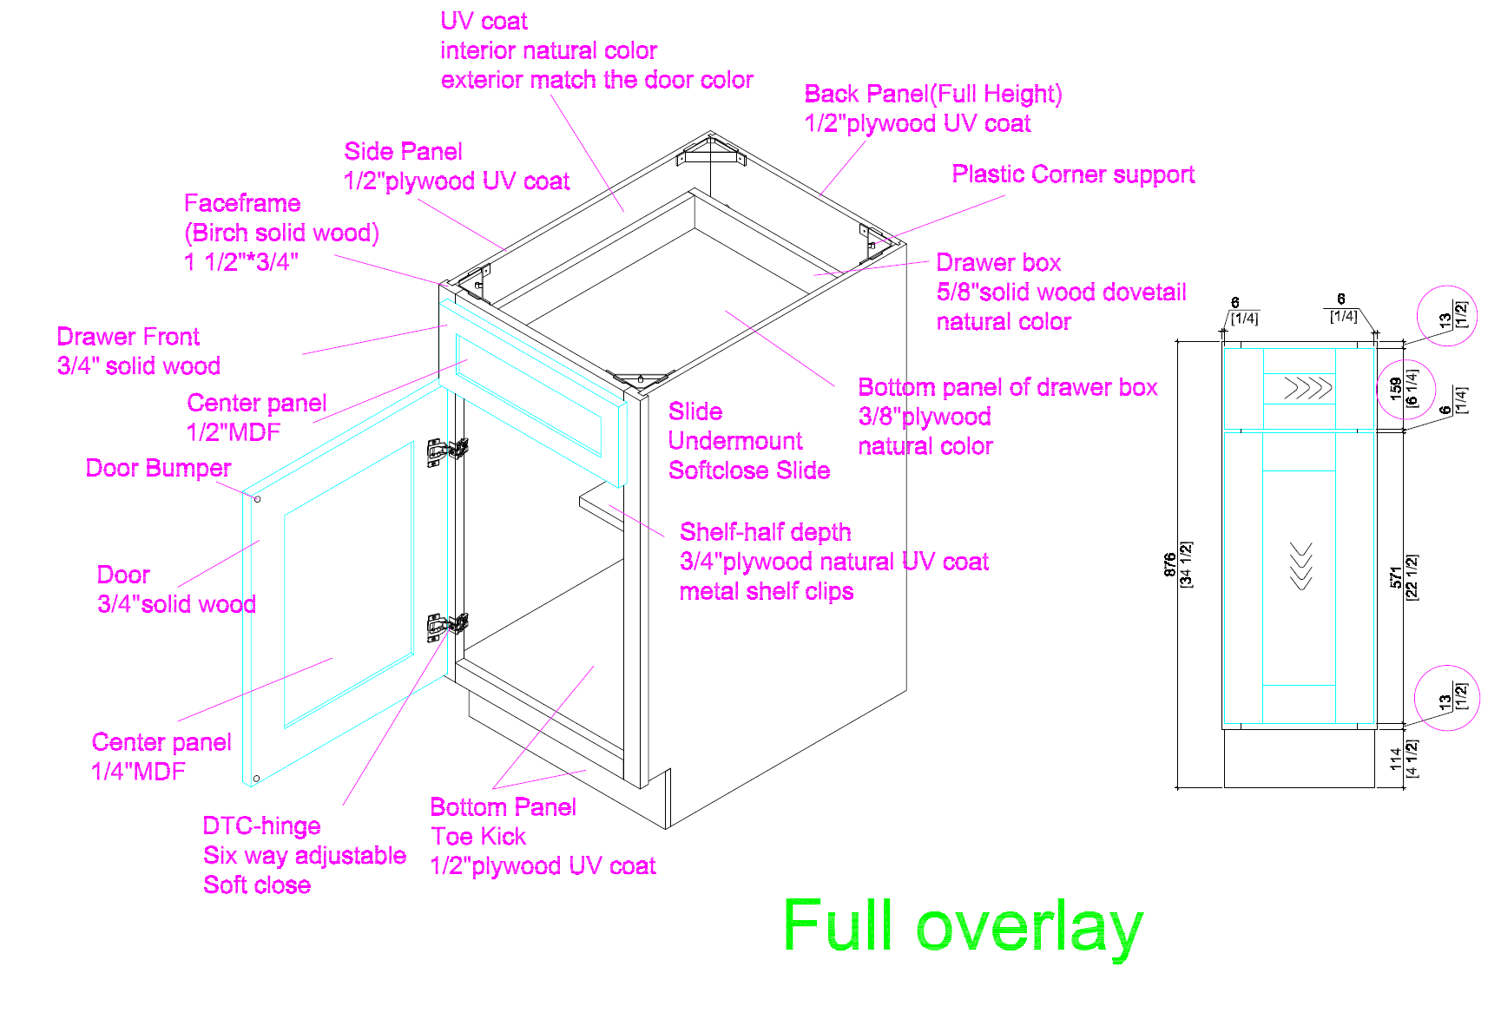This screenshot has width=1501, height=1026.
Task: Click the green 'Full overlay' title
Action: coord(962,927)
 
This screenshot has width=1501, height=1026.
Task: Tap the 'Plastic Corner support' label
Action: coord(1072,174)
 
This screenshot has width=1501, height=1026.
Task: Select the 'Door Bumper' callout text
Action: coord(158,469)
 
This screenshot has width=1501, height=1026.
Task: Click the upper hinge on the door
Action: coord(447,450)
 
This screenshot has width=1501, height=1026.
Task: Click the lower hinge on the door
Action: coord(447,624)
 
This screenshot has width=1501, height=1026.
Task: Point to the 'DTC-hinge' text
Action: coord(261,825)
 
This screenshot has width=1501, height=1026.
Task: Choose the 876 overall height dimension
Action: coord(1170,564)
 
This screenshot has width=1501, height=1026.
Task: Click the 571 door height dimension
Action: coord(1395,577)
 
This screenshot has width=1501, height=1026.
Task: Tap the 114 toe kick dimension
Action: coord(1395,759)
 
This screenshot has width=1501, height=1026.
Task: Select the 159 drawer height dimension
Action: coord(1395,388)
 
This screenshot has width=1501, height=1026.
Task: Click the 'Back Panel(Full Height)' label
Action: coord(932,94)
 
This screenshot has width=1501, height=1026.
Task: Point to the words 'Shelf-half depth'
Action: coord(765,532)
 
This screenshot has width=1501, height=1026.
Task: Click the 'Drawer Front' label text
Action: coord(128,337)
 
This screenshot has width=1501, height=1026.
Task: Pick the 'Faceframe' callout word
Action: coord(242,203)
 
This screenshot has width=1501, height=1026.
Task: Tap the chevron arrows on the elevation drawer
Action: coord(1307,388)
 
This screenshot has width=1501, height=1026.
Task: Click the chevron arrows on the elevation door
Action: coord(1300,566)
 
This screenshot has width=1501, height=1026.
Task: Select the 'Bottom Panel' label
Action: coord(503,807)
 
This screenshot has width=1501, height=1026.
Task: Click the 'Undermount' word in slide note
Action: coord(735,441)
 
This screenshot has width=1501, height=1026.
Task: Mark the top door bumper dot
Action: coord(257,499)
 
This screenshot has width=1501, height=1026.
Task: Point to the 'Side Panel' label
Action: coord(403,152)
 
